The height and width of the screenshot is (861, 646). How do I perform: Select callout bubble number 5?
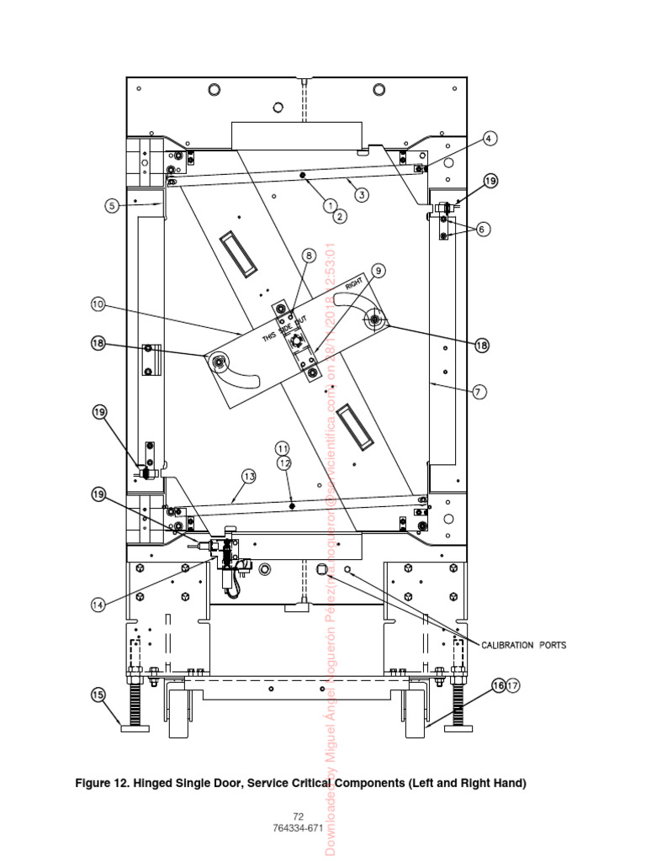tap(111, 203)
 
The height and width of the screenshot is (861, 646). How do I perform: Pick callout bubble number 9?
tap(378, 271)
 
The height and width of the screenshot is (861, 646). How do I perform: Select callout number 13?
tap(248, 476)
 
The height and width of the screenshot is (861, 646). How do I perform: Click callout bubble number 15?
tap(98, 695)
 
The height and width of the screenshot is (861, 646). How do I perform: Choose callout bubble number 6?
tap(482, 229)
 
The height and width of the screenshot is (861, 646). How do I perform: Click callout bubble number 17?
tap(514, 685)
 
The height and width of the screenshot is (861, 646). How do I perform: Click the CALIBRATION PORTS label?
tap(523, 646)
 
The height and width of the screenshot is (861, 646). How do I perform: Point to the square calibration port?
tap(320, 570)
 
